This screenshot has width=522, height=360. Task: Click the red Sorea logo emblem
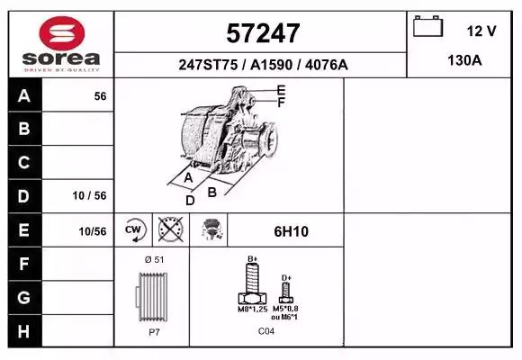point(61,33)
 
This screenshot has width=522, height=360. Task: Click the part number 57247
point(263,33)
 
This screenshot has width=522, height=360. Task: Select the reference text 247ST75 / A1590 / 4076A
point(263,65)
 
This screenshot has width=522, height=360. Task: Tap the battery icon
point(427,26)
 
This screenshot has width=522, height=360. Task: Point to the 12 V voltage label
point(481,31)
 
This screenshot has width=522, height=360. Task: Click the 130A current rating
point(464,60)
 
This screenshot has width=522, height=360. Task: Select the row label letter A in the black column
point(24,96)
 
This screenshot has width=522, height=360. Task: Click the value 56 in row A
point(100,96)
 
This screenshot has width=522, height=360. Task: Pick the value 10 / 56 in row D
point(90,195)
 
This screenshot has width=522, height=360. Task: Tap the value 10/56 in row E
point(93,231)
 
